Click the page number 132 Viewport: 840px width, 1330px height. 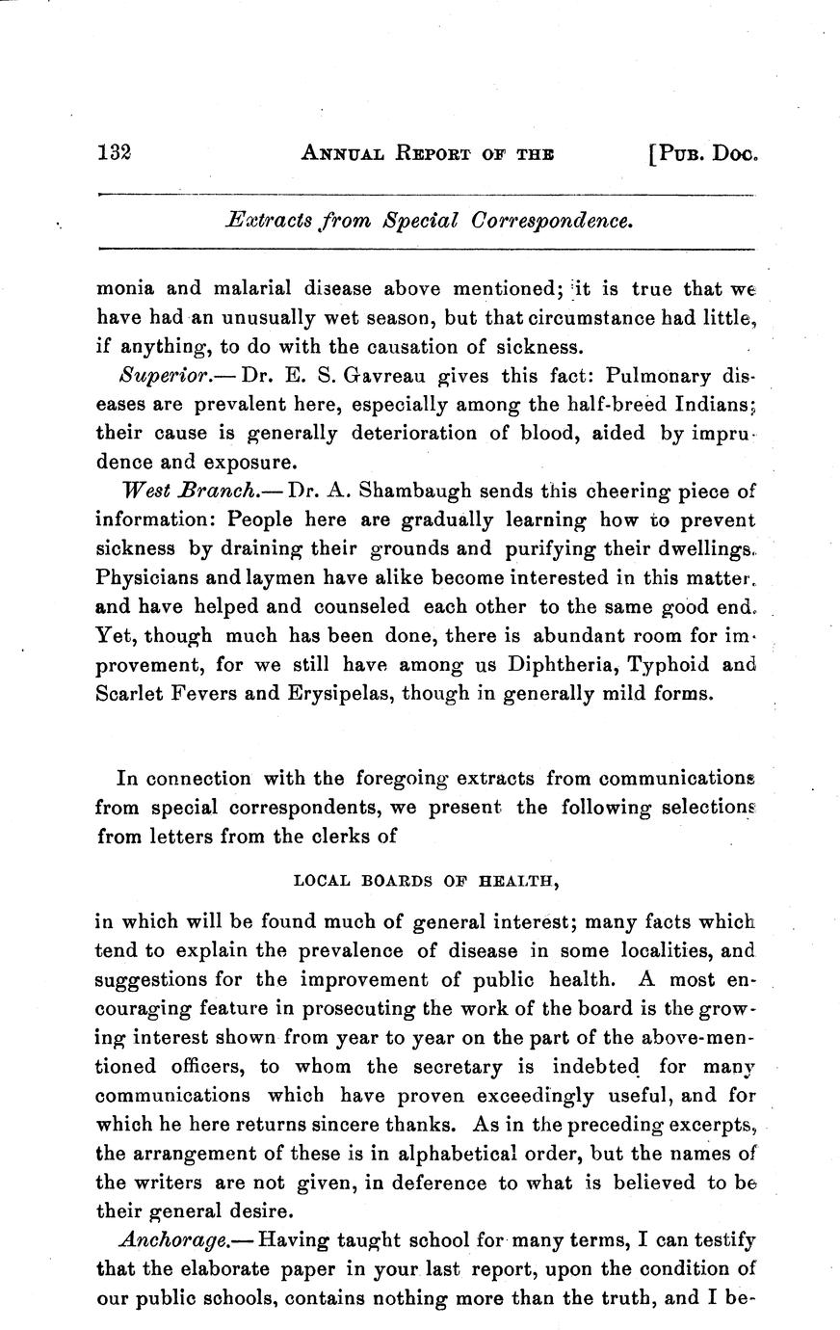tap(113, 152)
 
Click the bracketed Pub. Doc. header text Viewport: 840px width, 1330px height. tap(704, 152)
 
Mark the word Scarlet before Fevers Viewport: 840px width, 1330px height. tap(131, 693)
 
